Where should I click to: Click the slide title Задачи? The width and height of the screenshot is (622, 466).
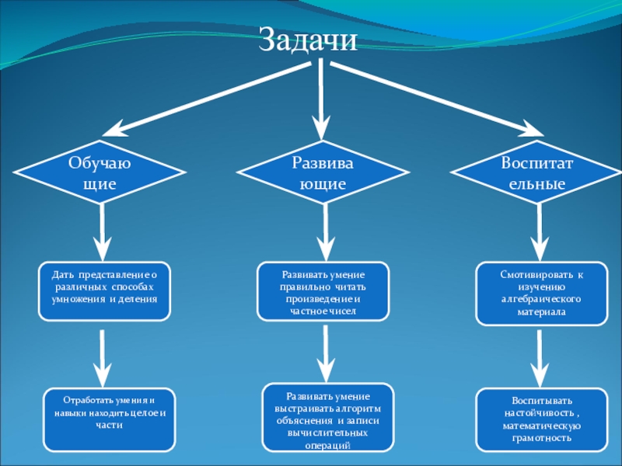click(x=307, y=40)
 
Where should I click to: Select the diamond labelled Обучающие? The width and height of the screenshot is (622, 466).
click(x=100, y=174)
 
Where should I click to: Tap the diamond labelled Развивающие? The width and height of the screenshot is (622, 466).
click(x=323, y=174)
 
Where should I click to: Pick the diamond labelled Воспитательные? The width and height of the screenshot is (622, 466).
click(x=536, y=174)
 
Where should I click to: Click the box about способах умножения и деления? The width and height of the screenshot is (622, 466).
click(x=103, y=290)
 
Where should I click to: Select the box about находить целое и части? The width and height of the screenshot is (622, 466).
click(x=109, y=419)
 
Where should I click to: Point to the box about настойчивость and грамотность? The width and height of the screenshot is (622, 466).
click(x=542, y=419)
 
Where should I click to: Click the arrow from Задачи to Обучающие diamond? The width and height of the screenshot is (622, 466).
click(x=202, y=97)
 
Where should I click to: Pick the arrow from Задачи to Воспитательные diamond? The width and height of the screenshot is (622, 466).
click(x=435, y=97)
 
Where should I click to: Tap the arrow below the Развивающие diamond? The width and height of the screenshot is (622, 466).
click(x=323, y=233)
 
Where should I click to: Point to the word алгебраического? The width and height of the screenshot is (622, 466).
click(x=540, y=299)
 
